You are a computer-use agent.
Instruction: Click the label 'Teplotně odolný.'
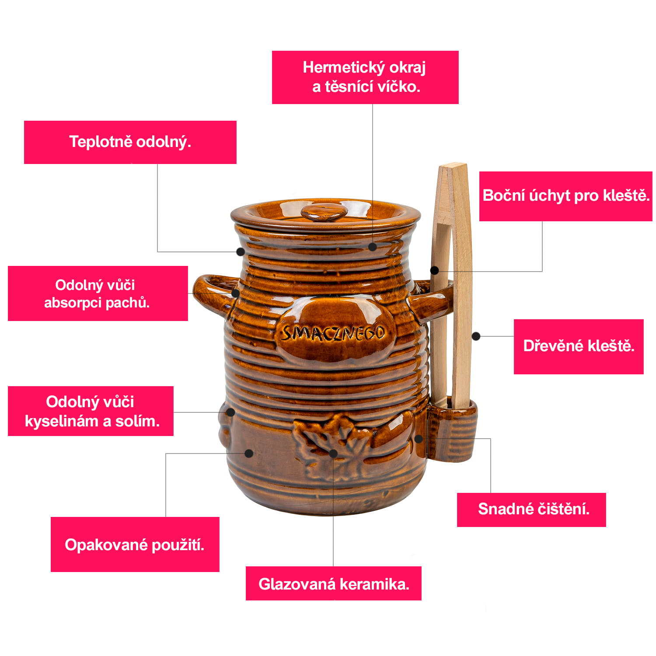(x=130, y=142)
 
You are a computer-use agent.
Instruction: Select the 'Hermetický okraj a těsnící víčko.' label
(x=365, y=77)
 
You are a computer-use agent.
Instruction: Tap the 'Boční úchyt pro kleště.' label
(x=565, y=196)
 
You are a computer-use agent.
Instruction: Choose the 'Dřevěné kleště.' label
(x=579, y=346)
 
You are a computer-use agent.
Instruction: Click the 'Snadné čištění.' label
(x=531, y=509)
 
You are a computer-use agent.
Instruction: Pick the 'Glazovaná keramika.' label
(x=333, y=583)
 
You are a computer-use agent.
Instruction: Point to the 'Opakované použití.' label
(x=135, y=544)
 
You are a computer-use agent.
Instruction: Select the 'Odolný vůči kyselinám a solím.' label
(x=91, y=411)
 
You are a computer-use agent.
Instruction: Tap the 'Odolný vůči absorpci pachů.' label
(x=98, y=293)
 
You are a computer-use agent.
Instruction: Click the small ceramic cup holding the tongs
(x=453, y=431)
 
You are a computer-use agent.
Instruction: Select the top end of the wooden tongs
(x=453, y=165)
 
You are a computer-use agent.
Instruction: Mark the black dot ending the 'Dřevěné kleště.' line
(x=476, y=336)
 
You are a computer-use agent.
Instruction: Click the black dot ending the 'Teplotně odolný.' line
(x=240, y=251)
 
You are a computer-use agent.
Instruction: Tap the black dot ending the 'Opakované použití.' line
(x=249, y=453)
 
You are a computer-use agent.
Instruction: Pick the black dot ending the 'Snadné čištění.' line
(x=419, y=438)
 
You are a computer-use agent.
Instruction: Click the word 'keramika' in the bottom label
(x=374, y=584)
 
